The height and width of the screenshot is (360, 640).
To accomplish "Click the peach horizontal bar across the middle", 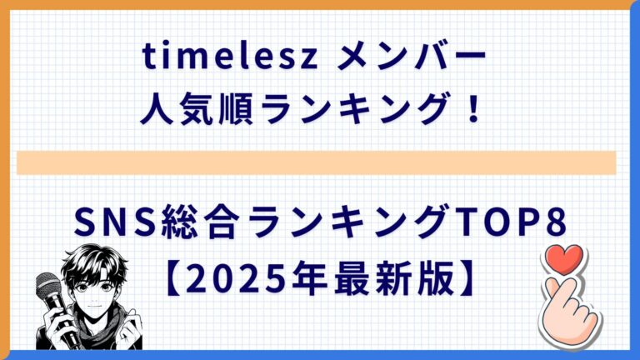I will [x=317, y=162].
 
